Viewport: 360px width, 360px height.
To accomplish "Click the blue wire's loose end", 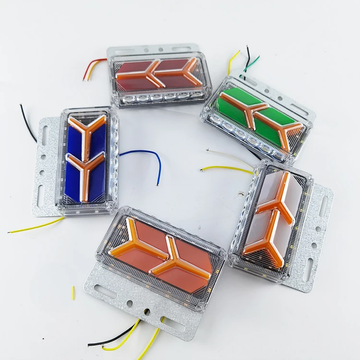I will (x=157, y=184).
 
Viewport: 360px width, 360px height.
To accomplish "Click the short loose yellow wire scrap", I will (x=73, y=293).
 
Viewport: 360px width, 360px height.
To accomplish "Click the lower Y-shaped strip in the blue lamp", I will (x=85, y=173).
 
